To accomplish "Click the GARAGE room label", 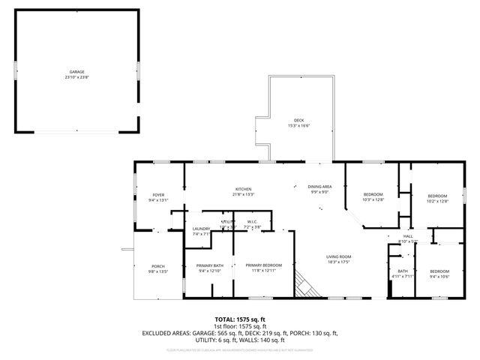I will click(76, 71).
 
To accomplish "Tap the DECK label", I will click(298, 121).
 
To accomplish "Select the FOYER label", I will click(158, 195).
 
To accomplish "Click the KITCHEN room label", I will click(243, 189).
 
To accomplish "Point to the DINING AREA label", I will click(320, 187).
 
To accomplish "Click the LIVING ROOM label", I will click(338, 257).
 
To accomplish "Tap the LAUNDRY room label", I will click(201, 229).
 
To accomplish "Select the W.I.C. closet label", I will click(252, 221).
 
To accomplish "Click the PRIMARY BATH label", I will click(210, 265).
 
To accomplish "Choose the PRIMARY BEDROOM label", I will click(263, 265).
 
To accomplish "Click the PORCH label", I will click(158, 266).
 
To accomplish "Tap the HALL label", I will click(397, 236).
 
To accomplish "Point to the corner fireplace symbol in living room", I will click(304, 285).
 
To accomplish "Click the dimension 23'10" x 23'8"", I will click(76, 76).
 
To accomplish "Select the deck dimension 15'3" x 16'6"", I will click(298, 126).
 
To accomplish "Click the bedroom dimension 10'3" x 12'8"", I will click(373, 199).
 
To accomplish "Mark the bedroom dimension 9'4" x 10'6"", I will click(439, 276).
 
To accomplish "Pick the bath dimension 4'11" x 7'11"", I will click(403, 276).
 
